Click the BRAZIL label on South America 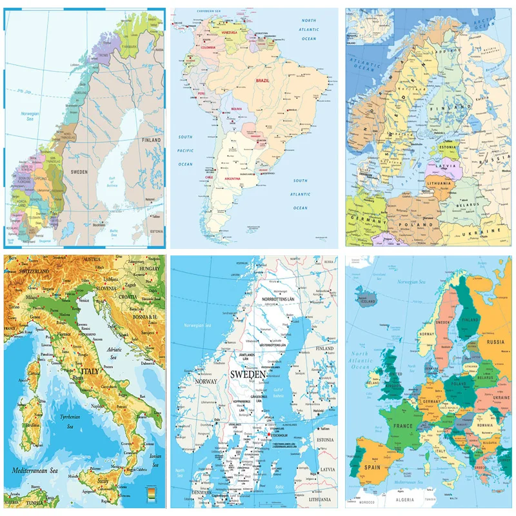(263, 81)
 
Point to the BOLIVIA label (236, 109)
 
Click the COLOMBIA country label (208, 48)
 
